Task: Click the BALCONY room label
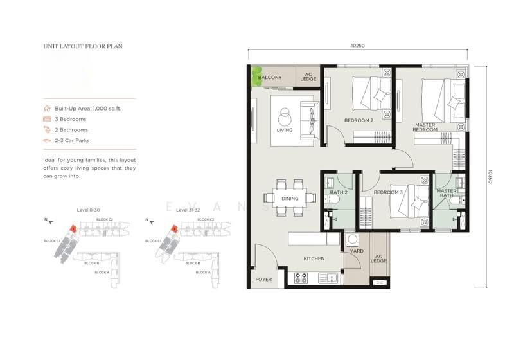click(x=269, y=78)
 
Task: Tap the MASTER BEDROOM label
click(x=425, y=127)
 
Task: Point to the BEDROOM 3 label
click(x=387, y=192)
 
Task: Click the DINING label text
click(x=290, y=199)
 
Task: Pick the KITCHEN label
click(x=314, y=258)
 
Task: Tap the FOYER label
click(x=263, y=279)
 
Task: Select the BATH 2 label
click(x=339, y=192)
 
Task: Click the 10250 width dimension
click(x=358, y=45)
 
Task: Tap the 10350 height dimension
click(x=490, y=177)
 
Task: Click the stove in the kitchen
click(x=300, y=278)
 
